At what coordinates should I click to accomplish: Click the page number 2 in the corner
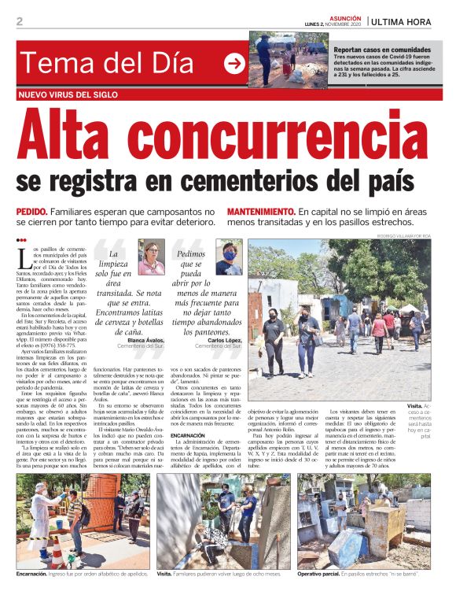point(20,22)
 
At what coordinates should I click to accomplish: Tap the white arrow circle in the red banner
point(234,65)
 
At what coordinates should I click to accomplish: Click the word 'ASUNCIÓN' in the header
point(344,17)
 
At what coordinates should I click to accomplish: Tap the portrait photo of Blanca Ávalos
point(152,257)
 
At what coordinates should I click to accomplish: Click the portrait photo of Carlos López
point(229,257)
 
